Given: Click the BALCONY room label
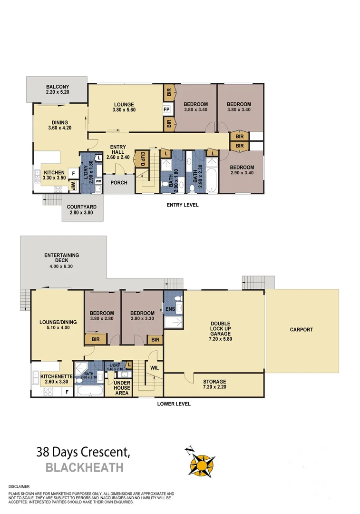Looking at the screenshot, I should pos(58,87).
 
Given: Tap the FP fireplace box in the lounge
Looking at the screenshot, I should pos(166,109).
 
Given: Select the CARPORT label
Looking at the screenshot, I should pos(302,329).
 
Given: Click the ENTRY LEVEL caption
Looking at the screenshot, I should pos(182,205).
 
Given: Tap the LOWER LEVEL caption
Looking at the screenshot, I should pos(174,404).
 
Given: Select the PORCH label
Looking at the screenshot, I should pos(118,182).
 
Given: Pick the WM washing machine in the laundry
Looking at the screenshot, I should pos(98,181).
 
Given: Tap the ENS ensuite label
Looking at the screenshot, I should pos(170,309).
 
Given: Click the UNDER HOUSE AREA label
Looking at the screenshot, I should pos(122,387).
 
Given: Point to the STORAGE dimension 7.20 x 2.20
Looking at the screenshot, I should pos(214,388).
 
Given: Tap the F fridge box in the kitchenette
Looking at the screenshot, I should pos(67,392).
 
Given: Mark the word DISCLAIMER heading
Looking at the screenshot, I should pos(19,487).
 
